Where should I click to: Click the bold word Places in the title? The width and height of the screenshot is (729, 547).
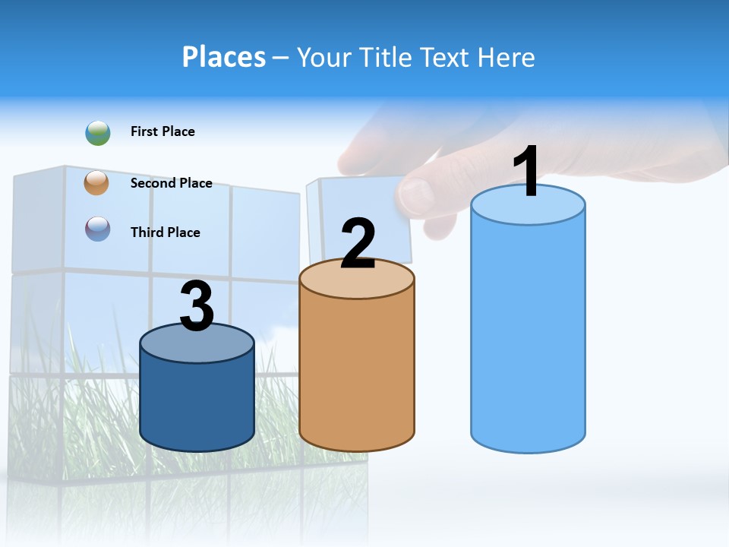223,57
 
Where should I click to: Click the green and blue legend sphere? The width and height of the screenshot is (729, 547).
98,132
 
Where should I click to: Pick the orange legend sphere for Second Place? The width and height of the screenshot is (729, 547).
97,182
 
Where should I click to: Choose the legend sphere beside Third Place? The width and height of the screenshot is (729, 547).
98,229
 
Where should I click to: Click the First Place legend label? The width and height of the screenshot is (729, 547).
163,131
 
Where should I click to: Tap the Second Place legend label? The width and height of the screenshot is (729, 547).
171,183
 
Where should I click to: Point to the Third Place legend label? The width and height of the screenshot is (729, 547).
165,232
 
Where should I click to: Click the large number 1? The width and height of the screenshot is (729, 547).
526,172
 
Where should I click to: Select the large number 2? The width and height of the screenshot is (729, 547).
358,244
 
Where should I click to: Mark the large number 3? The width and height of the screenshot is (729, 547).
197,306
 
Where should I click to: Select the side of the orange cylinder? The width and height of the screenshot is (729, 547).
357,372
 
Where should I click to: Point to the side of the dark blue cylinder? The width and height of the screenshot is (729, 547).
197,403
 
